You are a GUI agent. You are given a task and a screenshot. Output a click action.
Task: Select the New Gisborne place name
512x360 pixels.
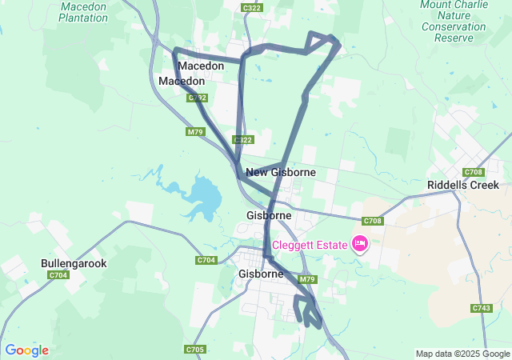(x=281, y=172)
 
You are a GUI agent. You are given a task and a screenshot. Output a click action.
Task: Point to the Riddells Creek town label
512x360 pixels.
(x=462, y=185)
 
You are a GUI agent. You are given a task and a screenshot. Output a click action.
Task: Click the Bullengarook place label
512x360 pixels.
(x=74, y=263)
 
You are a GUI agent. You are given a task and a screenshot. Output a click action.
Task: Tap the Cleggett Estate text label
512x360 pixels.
(x=309, y=245)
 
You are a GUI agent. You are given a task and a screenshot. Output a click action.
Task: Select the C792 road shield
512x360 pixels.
(x=197, y=98)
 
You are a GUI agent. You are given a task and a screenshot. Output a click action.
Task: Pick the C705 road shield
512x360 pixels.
(x=194, y=350)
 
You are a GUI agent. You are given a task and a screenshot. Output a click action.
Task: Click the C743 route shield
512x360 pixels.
(x=482, y=308)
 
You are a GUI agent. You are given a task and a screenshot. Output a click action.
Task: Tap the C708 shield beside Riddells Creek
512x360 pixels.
(x=474, y=172)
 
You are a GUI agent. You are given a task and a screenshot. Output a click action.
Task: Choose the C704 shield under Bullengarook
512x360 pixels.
(x=58, y=275)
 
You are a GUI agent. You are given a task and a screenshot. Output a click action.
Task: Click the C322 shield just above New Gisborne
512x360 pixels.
(x=243, y=140)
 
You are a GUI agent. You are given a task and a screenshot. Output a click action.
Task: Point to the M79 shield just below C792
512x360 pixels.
(x=195, y=132)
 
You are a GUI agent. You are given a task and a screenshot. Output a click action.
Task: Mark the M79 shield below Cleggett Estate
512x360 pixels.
(x=307, y=279)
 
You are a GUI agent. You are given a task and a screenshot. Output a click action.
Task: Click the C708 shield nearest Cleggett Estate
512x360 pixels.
(x=373, y=221)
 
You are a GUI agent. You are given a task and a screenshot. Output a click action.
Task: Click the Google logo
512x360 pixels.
(x=27, y=350)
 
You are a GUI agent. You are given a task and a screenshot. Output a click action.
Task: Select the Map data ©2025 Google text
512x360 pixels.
(x=462, y=354)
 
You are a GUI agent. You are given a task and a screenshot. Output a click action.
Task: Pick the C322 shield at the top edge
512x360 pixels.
(x=252, y=7)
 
